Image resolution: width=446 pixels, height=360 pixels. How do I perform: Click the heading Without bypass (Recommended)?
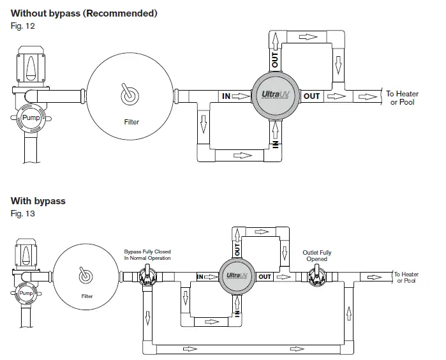tap(84, 13)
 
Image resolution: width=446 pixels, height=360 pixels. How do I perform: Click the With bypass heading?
tap(38, 201)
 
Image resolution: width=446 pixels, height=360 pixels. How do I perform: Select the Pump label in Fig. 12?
tap(31, 118)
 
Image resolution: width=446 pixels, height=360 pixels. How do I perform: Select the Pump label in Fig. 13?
tap(26, 292)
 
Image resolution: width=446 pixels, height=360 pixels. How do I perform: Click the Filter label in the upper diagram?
tap(131, 121)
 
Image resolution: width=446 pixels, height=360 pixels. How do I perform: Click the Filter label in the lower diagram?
tap(87, 296)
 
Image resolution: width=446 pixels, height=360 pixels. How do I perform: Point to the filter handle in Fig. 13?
tap(84, 276)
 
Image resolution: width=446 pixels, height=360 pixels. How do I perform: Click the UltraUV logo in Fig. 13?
tap(237, 276)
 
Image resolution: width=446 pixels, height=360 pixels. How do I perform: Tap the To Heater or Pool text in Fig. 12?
tap(402, 98)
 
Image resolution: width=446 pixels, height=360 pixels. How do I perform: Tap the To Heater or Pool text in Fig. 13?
tap(406, 277)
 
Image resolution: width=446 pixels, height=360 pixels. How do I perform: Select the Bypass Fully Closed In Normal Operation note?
tap(147, 255)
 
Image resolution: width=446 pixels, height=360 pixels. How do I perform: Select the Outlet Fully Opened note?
tap(316, 256)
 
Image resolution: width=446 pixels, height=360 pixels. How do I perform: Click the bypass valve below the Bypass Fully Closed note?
tap(147, 276)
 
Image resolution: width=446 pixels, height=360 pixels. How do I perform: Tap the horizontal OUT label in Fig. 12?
tap(311, 96)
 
